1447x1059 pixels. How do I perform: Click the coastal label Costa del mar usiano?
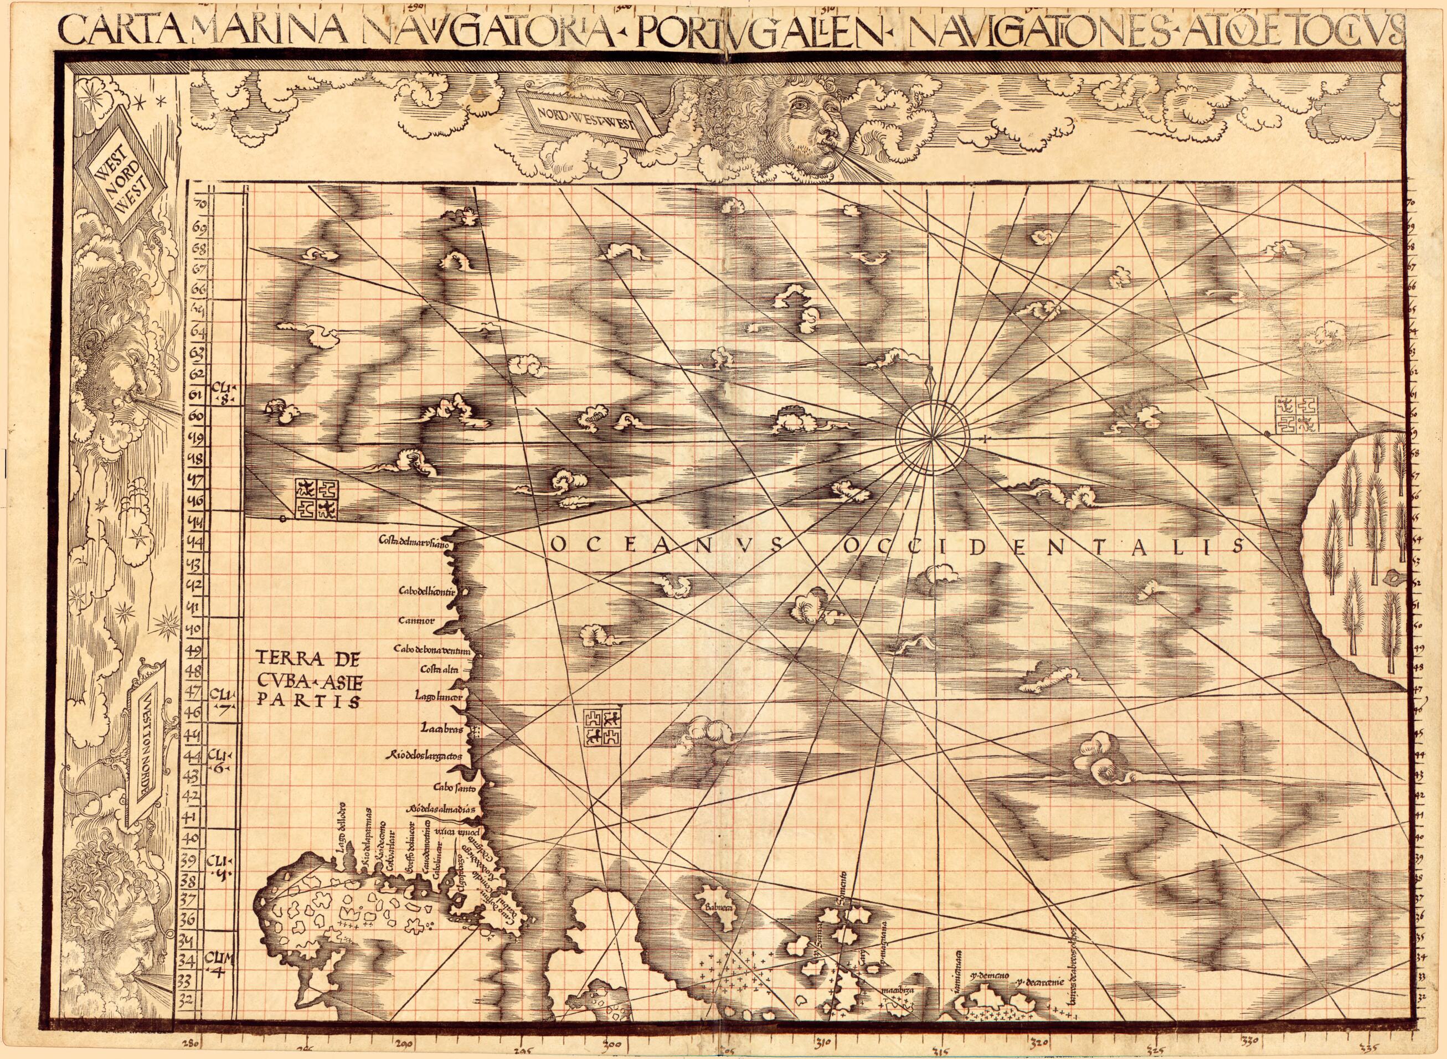tap(417, 544)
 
